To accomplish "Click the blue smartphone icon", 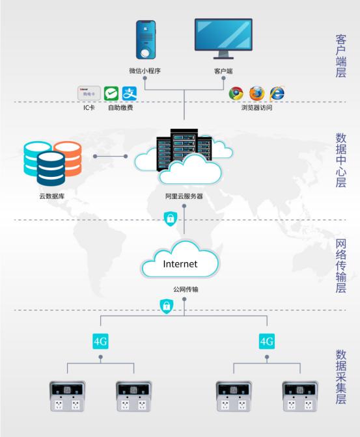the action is click(x=146, y=40).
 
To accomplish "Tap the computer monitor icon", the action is click(x=223, y=38).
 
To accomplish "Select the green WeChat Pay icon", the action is click(x=111, y=94).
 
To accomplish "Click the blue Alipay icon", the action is click(x=130, y=94).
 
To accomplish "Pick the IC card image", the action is click(x=89, y=93).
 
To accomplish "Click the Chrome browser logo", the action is click(x=236, y=94).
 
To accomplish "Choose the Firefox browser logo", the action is click(x=256, y=94).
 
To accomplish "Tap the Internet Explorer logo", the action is click(x=277, y=94).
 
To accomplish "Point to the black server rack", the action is click(x=184, y=149).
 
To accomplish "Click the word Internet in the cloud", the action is click(x=180, y=264).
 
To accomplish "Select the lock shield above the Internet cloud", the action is click(x=170, y=218).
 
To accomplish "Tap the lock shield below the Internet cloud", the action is click(x=166, y=306).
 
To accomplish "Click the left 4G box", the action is click(x=100, y=341).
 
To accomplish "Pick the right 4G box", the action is click(x=267, y=341).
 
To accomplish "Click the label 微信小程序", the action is click(x=145, y=71).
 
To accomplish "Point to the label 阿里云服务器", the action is click(x=184, y=196).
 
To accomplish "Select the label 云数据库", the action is click(x=52, y=196).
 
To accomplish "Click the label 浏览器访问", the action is click(x=256, y=107).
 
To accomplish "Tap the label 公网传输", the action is click(x=186, y=289).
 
